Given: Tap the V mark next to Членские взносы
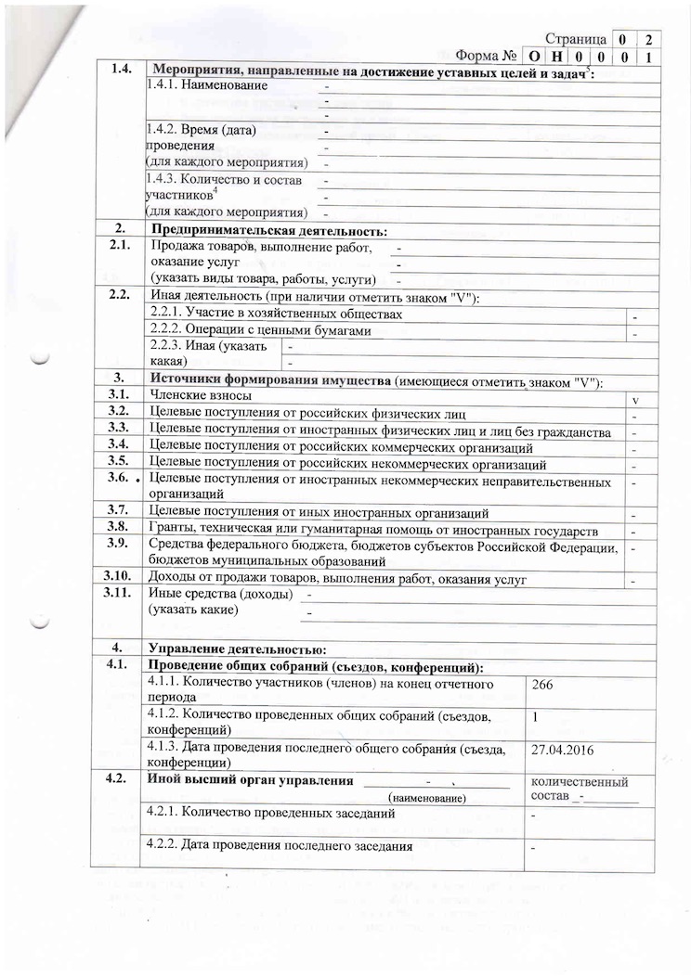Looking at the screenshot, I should click(634, 400).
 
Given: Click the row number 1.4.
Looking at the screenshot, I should click(122, 71).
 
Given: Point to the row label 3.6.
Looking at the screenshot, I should click(120, 478).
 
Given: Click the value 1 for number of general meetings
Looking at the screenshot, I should click(536, 717).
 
